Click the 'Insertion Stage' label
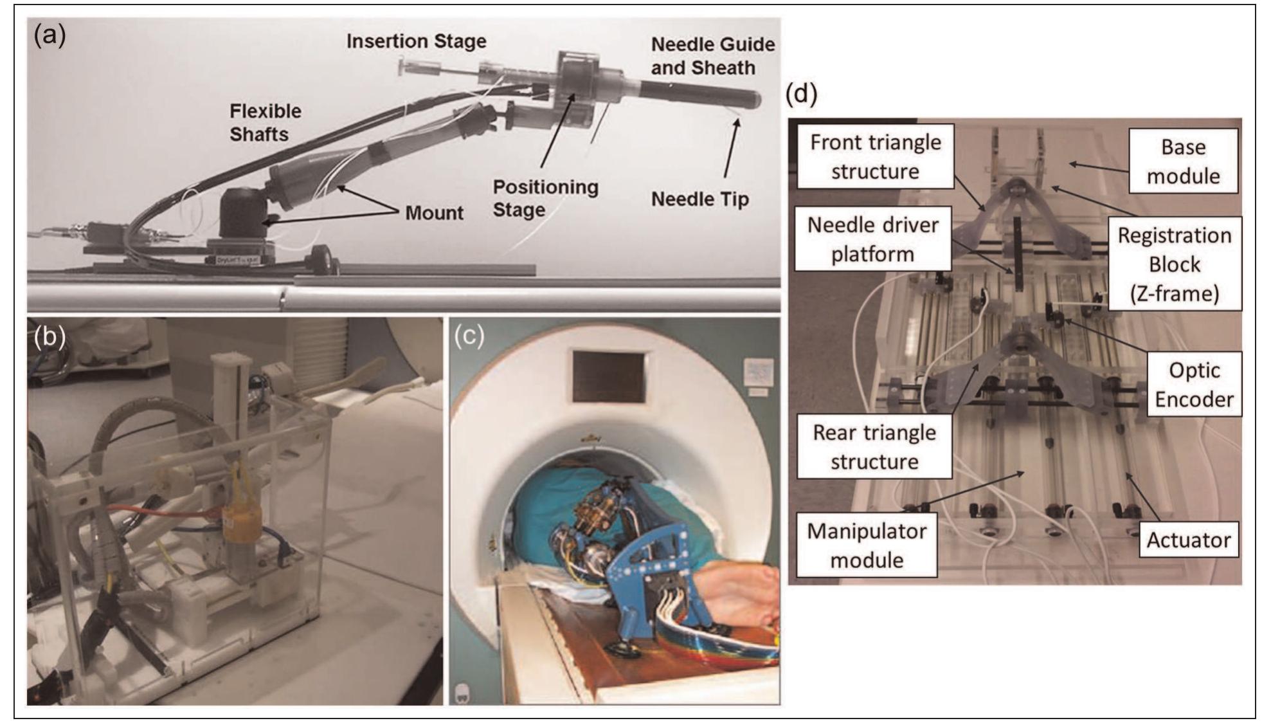point(416,41)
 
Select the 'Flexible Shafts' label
point(265,122)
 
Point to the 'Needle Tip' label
point(699,199)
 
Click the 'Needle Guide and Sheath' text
point(712,56)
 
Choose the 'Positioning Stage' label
point(545,198)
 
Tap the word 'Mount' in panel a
point(434,213)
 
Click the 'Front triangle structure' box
point(874,156)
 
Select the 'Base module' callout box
point(1182,161)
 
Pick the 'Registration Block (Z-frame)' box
point(1174,264)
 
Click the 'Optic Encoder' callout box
point(1194,385)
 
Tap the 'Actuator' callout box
point(1188,540)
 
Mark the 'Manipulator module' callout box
point(866,545)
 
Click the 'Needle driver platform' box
point(872,239)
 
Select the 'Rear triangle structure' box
point(874,447)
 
